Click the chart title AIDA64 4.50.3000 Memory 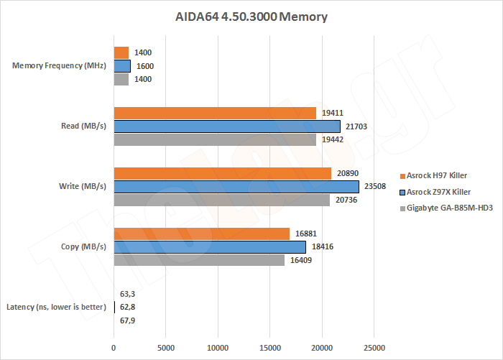[251, 17]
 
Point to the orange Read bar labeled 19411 [215, 113]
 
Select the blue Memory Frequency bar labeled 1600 [122, 66]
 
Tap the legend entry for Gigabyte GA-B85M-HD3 [443, 208]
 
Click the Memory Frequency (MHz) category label [60, 66]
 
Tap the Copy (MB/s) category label [83, 247]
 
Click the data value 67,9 [128, 320]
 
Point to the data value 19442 [333, 140]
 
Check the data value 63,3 [128, 293]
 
